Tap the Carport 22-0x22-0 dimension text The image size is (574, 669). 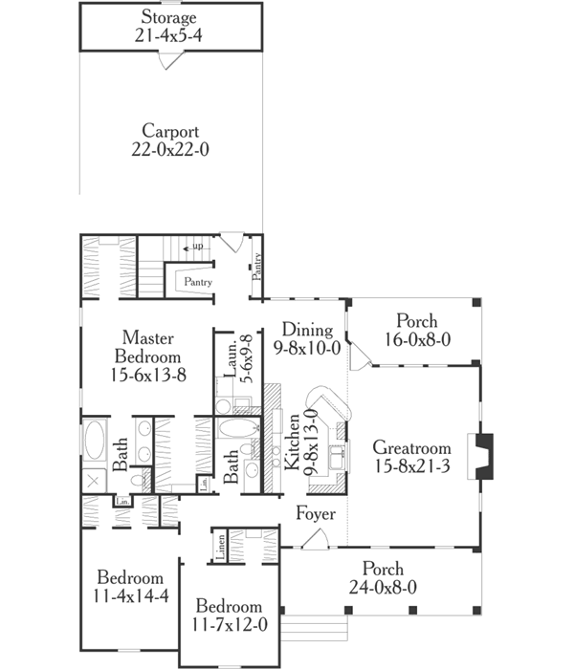(169, 149)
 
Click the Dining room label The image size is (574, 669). (307, 331)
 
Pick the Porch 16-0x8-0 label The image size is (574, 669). (413, 321)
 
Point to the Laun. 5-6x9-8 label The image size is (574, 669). (229, 358)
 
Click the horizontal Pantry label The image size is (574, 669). (198, 282)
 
